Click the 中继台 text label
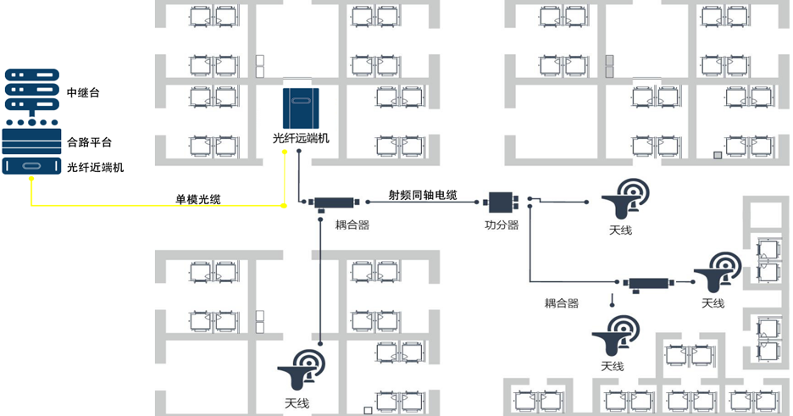(82, 92)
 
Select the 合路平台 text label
(89, 141)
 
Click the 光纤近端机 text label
(95, 167)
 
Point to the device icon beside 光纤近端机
(32, 166)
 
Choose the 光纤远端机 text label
(300, 137)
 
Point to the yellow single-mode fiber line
(152, 206)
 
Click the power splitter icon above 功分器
(502, 202)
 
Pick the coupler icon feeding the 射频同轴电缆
(338, 203)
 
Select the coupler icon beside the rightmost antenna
(647, 283)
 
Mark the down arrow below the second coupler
(612, 299)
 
